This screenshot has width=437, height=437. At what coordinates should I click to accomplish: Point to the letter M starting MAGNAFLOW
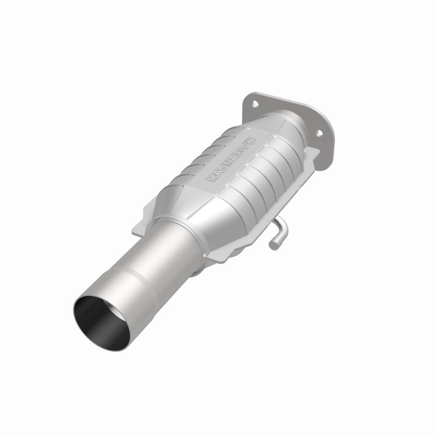coord(208,178)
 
